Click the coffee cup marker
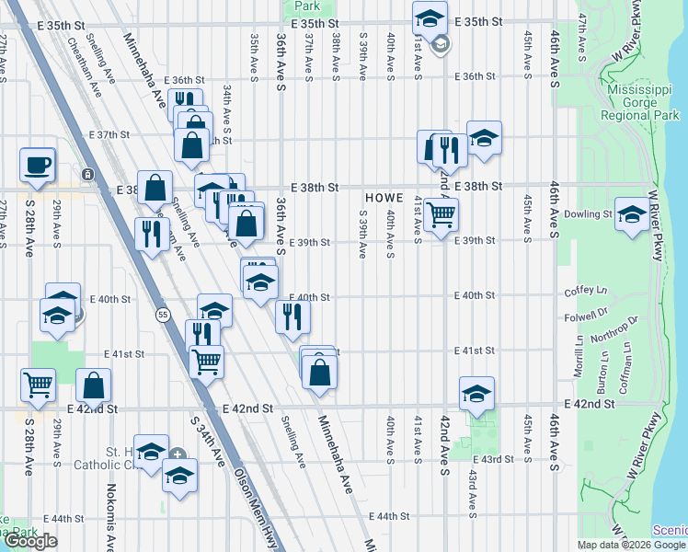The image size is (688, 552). pyautogui.click(x=38, y=165)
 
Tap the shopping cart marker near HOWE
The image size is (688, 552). pyautogui.click(x=441, y=214)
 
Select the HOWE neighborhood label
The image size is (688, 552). pyautogui.click(x=383, y=198)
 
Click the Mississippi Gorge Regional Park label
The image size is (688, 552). pyautogui.click(x=639, y=102)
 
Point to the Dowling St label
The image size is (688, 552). pyautogui.click(x=588, y=214)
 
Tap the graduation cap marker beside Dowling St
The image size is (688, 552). pyautogui.click(x=631, y=214)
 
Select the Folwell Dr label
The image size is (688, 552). pyautogui.click(x=587, y=316)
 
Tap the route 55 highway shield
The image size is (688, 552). pyautogui.click(x=164, y=316)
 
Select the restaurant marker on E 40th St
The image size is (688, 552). pyautogui.click(x=292, y=317)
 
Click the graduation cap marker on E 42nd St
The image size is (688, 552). pyautogui.click(x=476, y=393)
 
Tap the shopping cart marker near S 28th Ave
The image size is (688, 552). pyautogui.click(x=39, y=385)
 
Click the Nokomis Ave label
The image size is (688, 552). pyautogui.click(x=111, y=516)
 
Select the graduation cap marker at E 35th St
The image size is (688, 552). pyautogui.click(x=429, y=17)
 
